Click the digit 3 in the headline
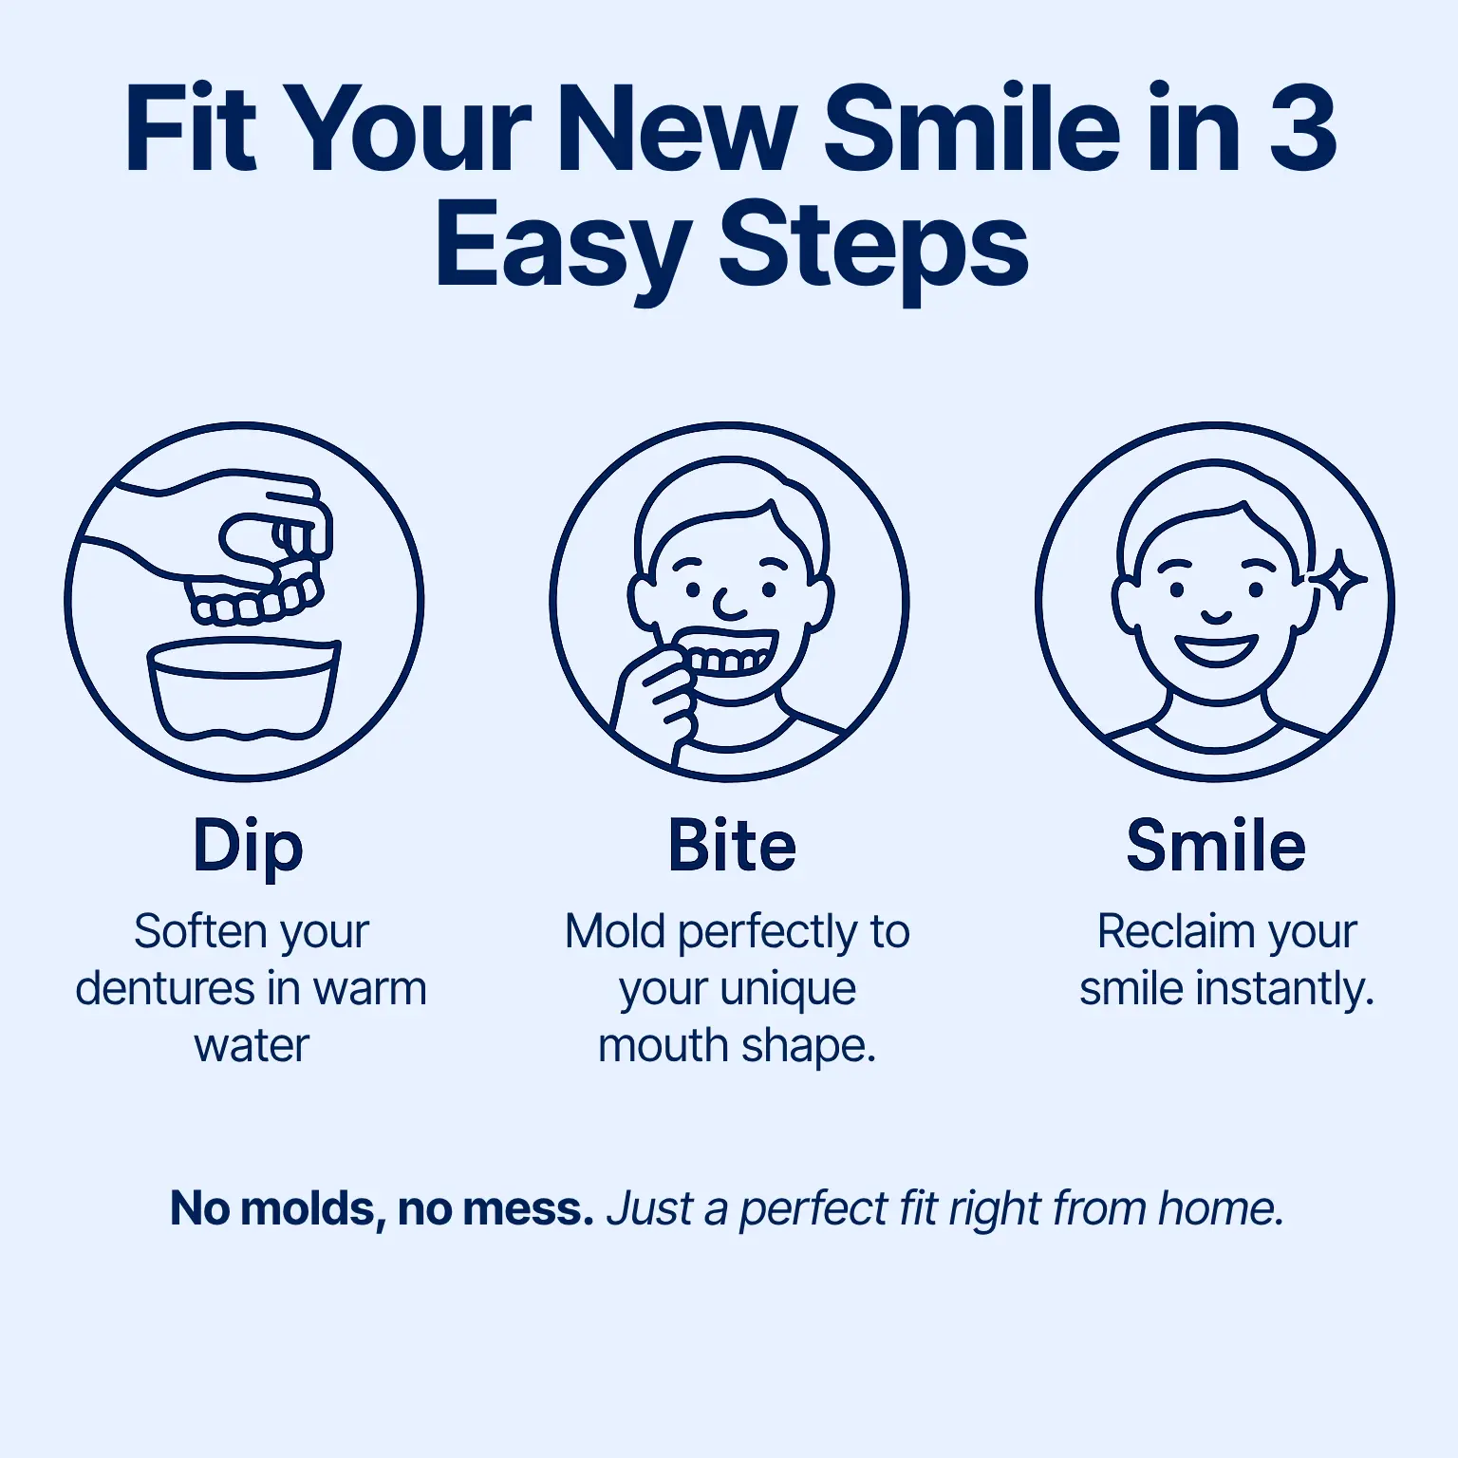(1302, 129)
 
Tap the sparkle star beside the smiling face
(1339, 578)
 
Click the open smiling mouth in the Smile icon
(1216, 649)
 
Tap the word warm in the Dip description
(370, 989)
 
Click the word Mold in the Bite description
(615, 931)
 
